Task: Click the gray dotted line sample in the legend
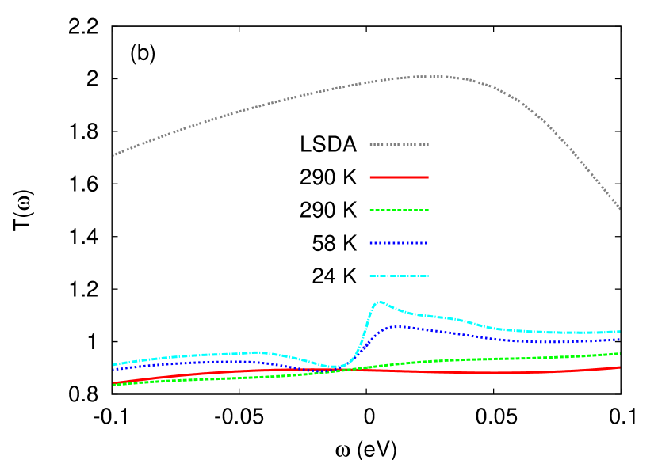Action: [399, 145]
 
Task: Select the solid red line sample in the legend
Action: [399, 177]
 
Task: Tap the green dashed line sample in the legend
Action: [399, 211]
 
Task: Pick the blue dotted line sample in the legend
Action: [399, 243]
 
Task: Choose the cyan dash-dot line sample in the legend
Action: [399, 276]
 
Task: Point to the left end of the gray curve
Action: [113, 155]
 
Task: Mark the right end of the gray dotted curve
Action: [619, 209]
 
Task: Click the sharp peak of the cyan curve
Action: [381, 302]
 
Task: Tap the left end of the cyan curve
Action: [113, 365]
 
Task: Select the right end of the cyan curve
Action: [619, 332]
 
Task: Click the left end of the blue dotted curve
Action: [113, 370]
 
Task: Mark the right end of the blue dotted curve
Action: [619, 339]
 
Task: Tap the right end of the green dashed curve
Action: [619, 353]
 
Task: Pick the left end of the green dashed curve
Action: [113, 385]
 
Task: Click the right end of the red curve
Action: [619, 367]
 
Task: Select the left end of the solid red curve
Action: [113, 382]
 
